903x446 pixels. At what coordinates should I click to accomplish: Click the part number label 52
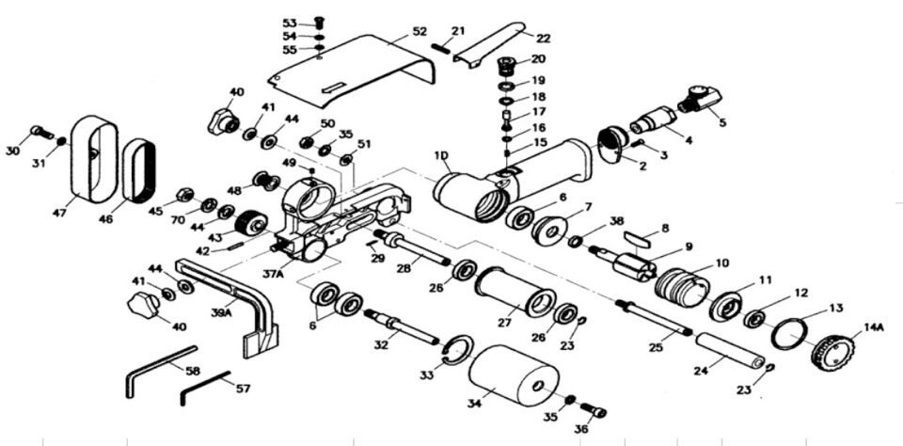coord(419,32)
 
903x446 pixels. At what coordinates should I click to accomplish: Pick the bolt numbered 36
coord(594,410)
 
